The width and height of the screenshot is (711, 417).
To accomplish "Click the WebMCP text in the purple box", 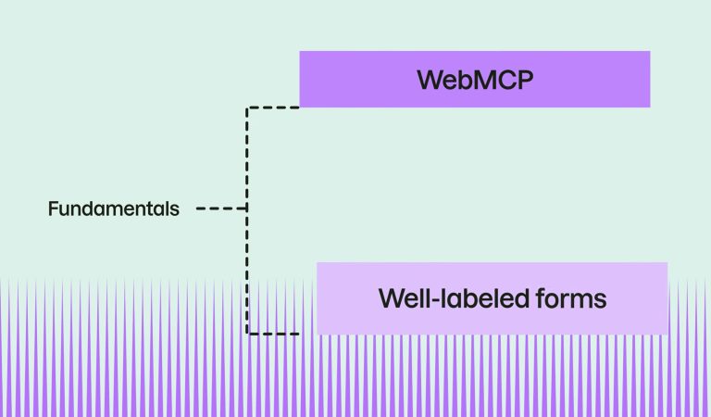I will click(x=476, y=79).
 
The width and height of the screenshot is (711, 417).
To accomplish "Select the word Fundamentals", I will click(x=114, y=208).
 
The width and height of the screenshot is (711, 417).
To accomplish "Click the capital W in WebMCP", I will click(x=430, y=79).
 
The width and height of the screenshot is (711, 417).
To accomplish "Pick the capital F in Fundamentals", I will click(x=53, y=208).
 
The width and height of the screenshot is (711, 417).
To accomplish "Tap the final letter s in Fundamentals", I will click(x=175, y=209).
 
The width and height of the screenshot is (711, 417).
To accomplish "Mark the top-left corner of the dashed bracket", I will click(x=247, y=107).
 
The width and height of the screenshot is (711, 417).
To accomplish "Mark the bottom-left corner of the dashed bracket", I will click(x=247, y=334).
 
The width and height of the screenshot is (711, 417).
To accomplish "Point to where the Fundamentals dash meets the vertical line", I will click(x=247, y=208).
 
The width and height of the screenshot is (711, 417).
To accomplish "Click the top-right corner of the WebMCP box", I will click(x=649, y=52).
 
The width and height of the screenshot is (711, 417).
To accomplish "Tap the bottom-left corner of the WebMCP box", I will click(x=301, y=106).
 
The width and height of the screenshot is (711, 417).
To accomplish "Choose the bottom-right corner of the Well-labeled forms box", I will click(x=667, y=333).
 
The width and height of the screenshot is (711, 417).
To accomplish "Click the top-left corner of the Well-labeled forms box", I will click(x=318, y=263).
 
